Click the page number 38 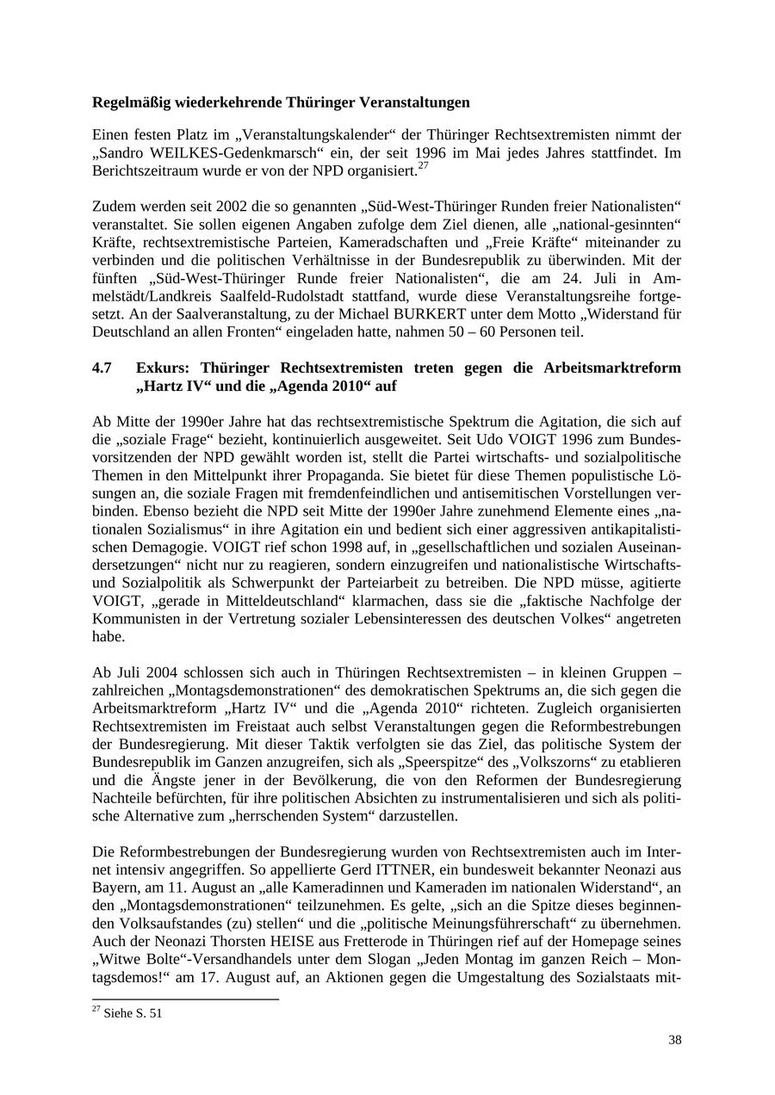[674, 1040]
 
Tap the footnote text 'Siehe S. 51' [133, 1013]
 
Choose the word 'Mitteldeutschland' [279, 600]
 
